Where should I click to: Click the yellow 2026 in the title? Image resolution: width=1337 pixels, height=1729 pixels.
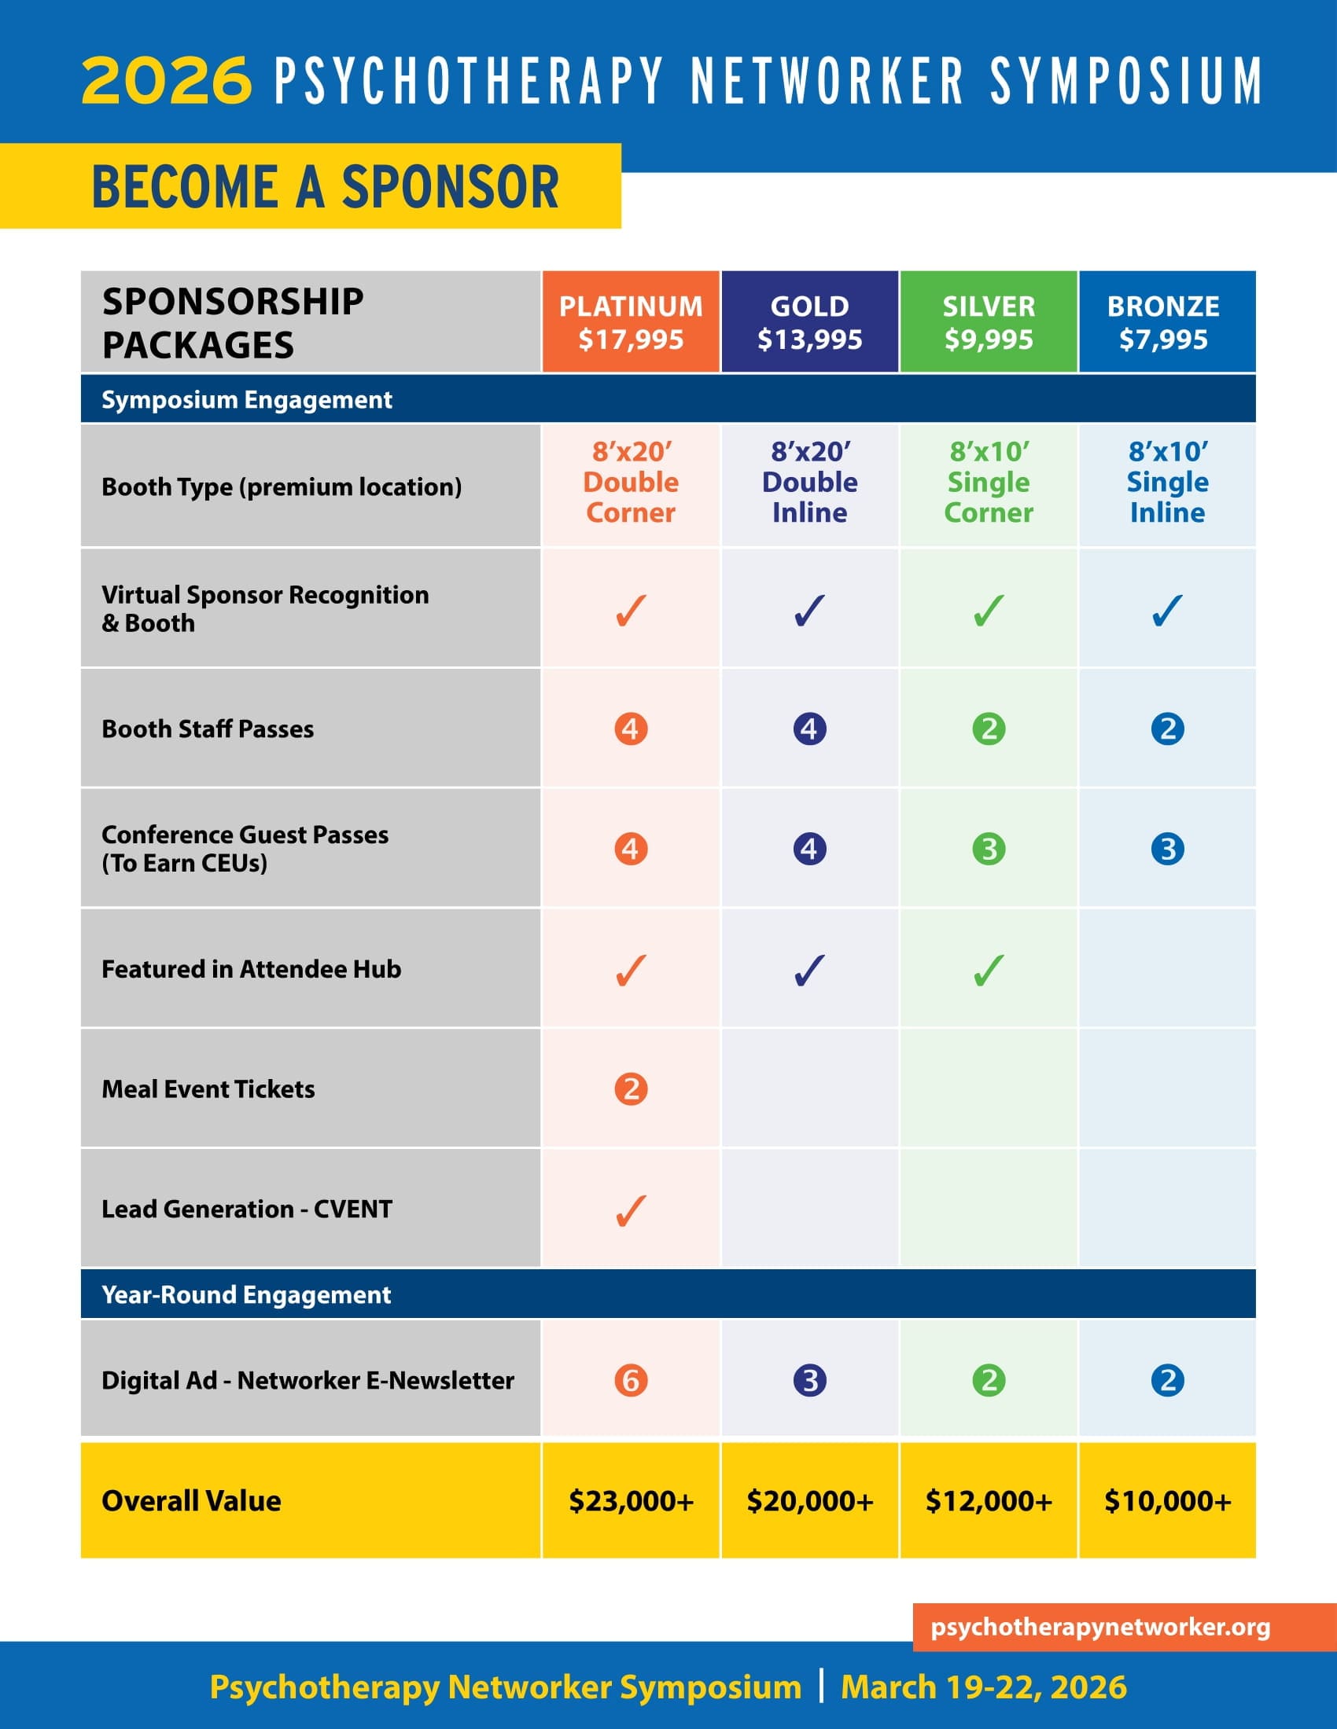(x=166, y=80)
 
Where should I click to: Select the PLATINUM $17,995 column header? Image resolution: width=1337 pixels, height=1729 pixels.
(x=631, y=322)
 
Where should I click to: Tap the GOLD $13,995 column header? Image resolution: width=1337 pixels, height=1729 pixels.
(x=809, y=322)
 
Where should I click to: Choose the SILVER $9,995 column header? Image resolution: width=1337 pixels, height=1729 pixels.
(x=989, y=322)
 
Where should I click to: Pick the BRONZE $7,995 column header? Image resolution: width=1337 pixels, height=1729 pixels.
(x=1166, y=322)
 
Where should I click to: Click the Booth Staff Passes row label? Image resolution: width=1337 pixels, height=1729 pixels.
(x=208, y=729)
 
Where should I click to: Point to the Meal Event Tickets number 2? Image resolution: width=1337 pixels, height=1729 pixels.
(x=631, y=1089)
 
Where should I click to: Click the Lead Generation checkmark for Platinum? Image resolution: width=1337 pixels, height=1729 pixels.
(x=631, y=1210)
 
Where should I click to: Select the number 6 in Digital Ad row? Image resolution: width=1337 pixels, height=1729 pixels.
(x=631, y=1381)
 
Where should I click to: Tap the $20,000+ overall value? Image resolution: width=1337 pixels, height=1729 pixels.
(x=809, y=1501)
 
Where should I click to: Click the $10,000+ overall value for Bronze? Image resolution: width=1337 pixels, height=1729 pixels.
(x=1167, y=1501)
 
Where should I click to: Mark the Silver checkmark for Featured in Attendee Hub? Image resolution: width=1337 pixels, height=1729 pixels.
(x=989, y=971)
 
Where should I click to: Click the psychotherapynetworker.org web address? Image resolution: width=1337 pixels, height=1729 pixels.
(x=1100, y=1627)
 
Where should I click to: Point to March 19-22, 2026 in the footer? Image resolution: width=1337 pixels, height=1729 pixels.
(x=984, y=1687)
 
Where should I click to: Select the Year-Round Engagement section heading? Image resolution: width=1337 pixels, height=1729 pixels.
(x=246, y=1294)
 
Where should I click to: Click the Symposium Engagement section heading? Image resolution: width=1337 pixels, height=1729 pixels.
(x=246, y=400)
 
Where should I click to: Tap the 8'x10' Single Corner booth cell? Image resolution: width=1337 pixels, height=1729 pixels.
(x=989, y=482)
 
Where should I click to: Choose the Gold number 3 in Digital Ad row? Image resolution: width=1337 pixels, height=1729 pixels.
(x=809, y=1381)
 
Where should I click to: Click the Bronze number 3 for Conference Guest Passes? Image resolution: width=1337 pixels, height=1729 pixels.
(x=1167, y=849)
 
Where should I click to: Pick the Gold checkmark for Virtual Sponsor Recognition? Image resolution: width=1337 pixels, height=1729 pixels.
(x=809, y=611)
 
